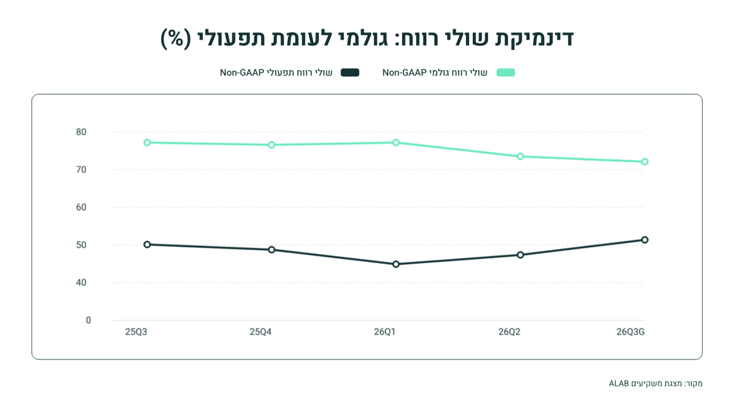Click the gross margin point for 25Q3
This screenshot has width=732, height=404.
click(x=147, y=143)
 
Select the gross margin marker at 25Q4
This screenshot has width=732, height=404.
click(x=271, y=145)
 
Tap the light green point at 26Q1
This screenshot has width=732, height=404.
click(x=396, y=143)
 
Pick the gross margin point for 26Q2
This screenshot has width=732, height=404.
click(x=520, y=157)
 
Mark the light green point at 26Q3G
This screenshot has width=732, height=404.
click(x=645, y=162)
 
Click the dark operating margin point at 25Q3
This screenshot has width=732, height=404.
click(x=147, y=245)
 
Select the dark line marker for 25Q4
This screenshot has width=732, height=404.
click(x=271, y=250)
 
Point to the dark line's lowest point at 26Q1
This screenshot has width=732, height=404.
click(x=396, y=264)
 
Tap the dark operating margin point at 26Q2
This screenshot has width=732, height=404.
click(x=520, y=255)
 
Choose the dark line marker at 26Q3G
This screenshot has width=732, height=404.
click(x=645, y=240)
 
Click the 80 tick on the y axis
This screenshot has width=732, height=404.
click(x=81, y=132)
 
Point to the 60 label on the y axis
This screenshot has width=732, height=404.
click(x=81, y=207)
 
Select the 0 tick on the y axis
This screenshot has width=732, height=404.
click(x=88, y=320)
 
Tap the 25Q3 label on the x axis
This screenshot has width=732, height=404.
click(x=136, y=332)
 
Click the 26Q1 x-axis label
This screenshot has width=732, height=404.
click(x=385, y=332)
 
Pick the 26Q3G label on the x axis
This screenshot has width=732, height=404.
click(x=630, y=332)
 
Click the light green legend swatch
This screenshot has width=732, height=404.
click(x=506, y=73)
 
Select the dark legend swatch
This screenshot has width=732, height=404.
click(x=350, y=73)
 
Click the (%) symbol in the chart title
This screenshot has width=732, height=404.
click(x=176, y=39)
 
